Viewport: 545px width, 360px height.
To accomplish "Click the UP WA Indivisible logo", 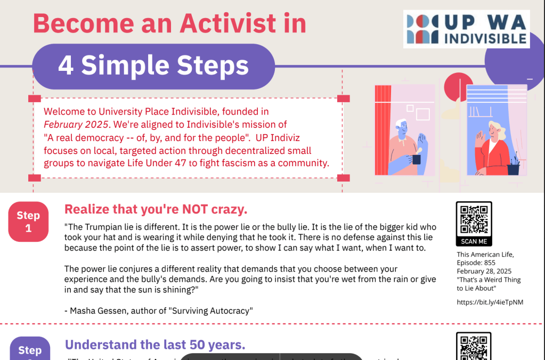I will [466, 29].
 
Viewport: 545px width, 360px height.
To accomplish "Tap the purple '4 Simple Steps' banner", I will [153, 66].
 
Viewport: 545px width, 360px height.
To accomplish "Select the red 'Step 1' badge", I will [28, 222].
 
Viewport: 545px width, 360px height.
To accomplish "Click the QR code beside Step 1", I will [474, 219].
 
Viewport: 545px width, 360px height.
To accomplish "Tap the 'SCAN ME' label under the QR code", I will [474, 241].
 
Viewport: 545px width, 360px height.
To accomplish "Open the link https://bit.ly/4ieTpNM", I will [490, 302].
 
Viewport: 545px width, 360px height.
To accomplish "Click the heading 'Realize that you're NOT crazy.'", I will [156, 208].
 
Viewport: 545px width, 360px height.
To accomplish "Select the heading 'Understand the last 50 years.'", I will [155, 345].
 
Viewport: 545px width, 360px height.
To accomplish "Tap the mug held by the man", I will [416, 159].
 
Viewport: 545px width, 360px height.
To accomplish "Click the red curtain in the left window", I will [383, 128].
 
